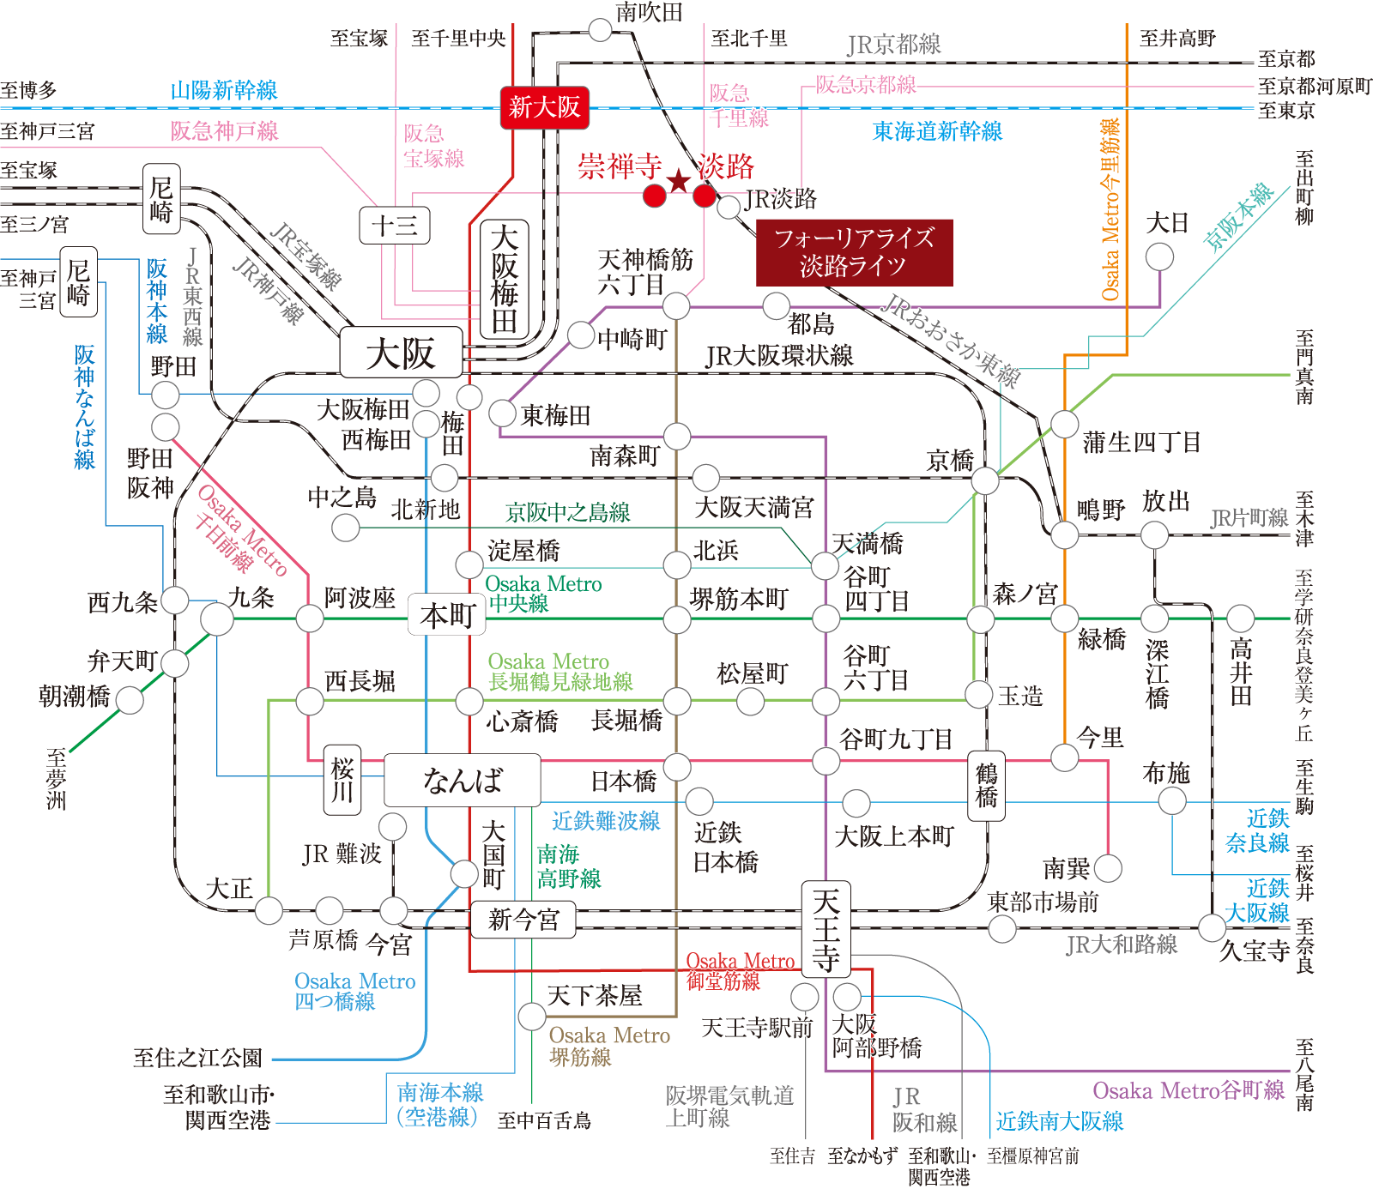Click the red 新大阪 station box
[x=544, y=107]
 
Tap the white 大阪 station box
[x=401, y=353]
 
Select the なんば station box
[x=462, y=780]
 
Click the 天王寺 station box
[x=826, y=929]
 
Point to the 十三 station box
[x=394, y=226]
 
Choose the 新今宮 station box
[x=523, y=920]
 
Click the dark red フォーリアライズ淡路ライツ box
[x=854, y=252]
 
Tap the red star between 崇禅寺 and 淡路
[x=679, y=181]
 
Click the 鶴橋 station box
[x=986, y=785]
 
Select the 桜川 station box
[x=342, y=779]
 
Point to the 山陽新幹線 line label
[x=223, y=90]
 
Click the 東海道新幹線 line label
[x=937, y=131]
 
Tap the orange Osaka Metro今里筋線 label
[x=1111, y=209]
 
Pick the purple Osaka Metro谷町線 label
[x=1188, y=1090]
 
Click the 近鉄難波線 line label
[x=605, y=821]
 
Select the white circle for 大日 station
[x=1159, y=256]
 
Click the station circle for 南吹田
[x=600, y=31]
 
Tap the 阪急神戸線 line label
[x=224, y=131]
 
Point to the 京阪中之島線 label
[x=568, y=513]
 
